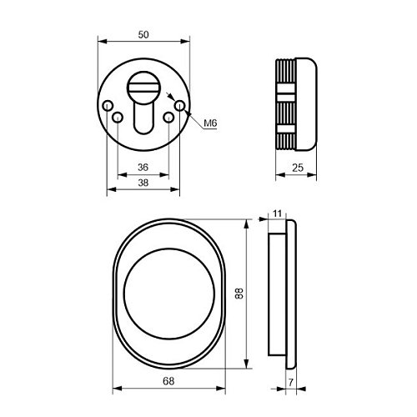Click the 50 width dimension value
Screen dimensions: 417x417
(x=143, y=35)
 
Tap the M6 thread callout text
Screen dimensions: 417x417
(x=210, y=123)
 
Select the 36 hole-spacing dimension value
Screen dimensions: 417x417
(x=143, y=168)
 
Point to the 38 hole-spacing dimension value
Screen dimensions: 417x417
(x=143, y=183)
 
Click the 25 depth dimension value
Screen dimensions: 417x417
(x=298, y=168)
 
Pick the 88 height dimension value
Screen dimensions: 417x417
(x=239, y=294)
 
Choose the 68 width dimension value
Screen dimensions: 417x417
(x=168, y=381)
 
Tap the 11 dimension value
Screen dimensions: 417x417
(x=277, y=214)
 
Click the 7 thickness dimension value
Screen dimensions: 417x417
(x=291, y=383)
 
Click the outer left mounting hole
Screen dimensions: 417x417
(x=108, y=105)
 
